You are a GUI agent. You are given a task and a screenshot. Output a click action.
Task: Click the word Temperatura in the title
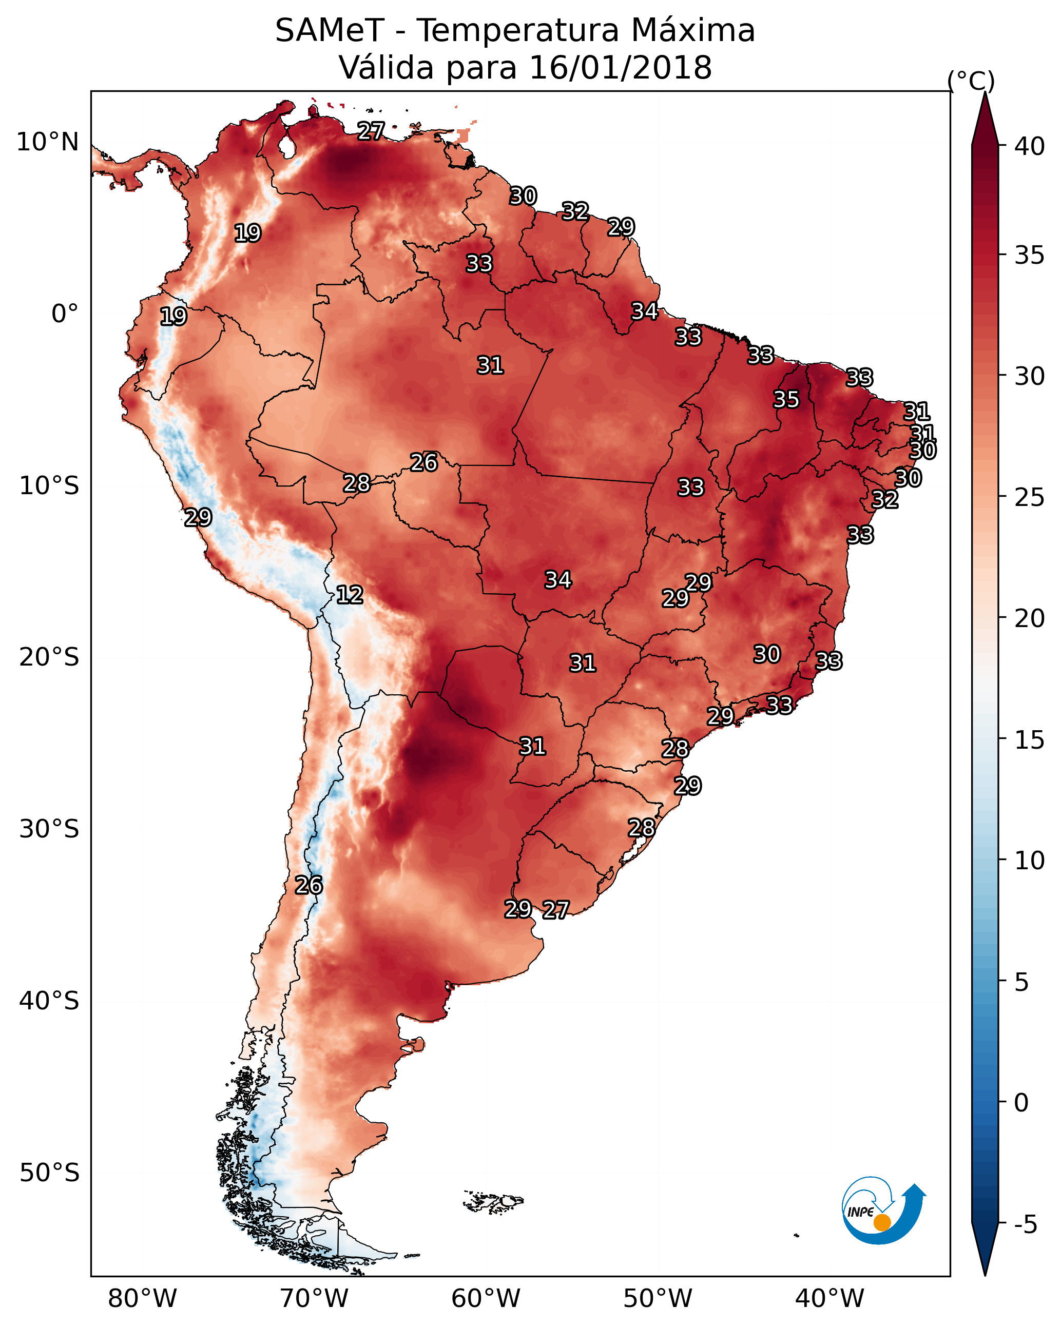click(x=517, y=30)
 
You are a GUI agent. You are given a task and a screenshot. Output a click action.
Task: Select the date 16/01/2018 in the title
click(x=620, y=67)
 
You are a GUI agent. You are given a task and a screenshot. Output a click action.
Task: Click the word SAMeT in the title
click(x=330, y=30)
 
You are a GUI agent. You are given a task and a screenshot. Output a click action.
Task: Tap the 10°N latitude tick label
click(x=47, y=142)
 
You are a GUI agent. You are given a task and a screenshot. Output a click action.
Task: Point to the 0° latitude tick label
click(x=65, y=314)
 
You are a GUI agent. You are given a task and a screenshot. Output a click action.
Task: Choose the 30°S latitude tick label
click(x=49, y=829)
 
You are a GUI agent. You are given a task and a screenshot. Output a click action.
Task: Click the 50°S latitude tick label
click(x=49, y=1173)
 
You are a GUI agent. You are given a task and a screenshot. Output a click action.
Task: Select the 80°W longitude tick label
click(x=142, y=1298)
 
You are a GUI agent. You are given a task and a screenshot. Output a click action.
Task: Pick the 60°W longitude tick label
click(x=486, y=1298)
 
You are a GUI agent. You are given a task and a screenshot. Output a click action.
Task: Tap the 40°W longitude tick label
click(x=829, y=1298)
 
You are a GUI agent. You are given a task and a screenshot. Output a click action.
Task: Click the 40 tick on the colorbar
click(x=1030, y=146)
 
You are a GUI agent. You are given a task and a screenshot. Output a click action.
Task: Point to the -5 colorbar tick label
click(x=1026, y=1225)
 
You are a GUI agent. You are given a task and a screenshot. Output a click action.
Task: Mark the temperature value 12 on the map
click(x=350, y=595)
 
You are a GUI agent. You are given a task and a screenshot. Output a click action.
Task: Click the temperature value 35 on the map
click(x=786, y=399)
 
